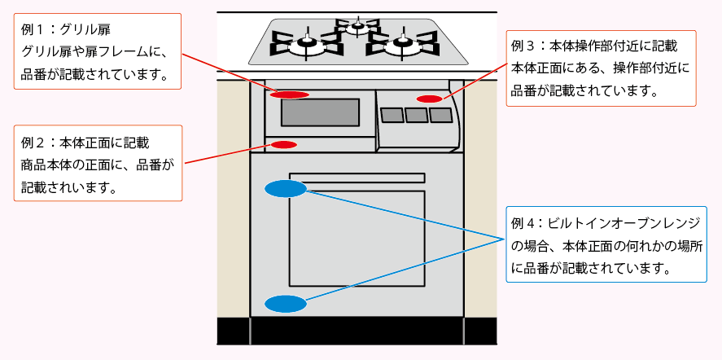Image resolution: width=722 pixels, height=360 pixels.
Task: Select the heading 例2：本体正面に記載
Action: (85, 143)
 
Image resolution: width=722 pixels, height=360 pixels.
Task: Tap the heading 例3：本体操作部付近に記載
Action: (593, 46)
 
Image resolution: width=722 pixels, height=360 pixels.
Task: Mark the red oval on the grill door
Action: (289, 94)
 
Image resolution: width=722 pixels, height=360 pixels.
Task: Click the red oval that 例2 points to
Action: (284, 145)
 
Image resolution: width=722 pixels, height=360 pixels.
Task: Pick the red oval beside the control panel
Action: (429, 99)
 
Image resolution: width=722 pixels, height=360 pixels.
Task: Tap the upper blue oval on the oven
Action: (285, 188)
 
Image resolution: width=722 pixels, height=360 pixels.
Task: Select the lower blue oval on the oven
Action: (285, 304)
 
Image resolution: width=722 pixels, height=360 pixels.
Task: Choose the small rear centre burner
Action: (357, 26)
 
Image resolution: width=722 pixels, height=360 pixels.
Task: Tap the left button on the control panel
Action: (392, 116)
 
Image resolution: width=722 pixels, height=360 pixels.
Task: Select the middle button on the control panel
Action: (416, 115)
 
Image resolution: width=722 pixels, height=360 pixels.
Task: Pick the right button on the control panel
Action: (440, 115)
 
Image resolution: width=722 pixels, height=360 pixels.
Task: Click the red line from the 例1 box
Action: (228, 73)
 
